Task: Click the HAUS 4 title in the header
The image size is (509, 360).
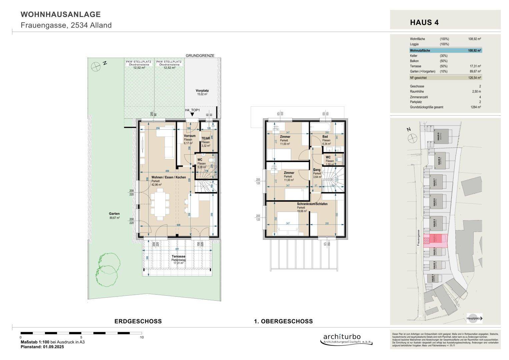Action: click(x=424, y=23)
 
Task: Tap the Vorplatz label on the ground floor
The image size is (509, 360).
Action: click(x=202, y=91)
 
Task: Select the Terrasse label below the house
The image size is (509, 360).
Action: click(x=179, y=256)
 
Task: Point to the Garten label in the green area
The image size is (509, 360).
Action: click(x=114, y=214)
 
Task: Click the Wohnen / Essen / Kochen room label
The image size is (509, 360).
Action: click(x=169, y=177)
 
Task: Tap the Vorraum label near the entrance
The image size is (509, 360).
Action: click(x=190, y=136)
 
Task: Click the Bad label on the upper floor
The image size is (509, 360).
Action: click(x=325, y=137)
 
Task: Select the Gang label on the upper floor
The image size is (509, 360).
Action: click(x=317, y=170)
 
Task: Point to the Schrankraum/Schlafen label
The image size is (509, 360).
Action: click(x=312, y=204)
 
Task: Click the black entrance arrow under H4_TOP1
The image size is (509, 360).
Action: click(x=192, y=115)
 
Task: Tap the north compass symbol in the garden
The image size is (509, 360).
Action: click(x=96, y=66)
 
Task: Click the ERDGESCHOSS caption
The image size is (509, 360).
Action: click(x=138, y=321)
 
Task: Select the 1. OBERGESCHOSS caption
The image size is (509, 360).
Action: click(x=283, y=321)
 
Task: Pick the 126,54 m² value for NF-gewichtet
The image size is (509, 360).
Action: click(x=474, y=78)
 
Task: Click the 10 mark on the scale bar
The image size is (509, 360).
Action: click(x=142, y=337)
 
